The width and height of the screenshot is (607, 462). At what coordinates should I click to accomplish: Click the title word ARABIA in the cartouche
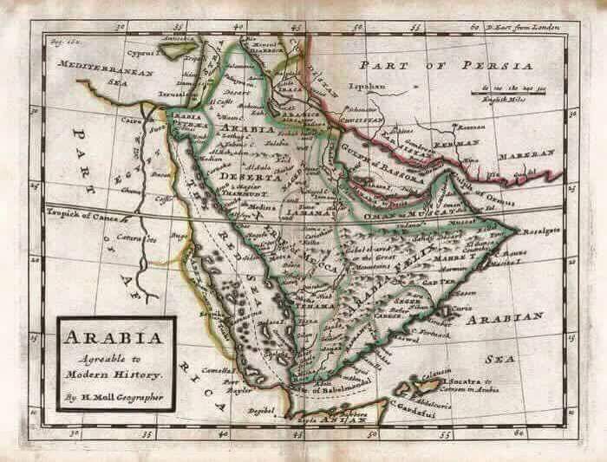click(115, 334)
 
